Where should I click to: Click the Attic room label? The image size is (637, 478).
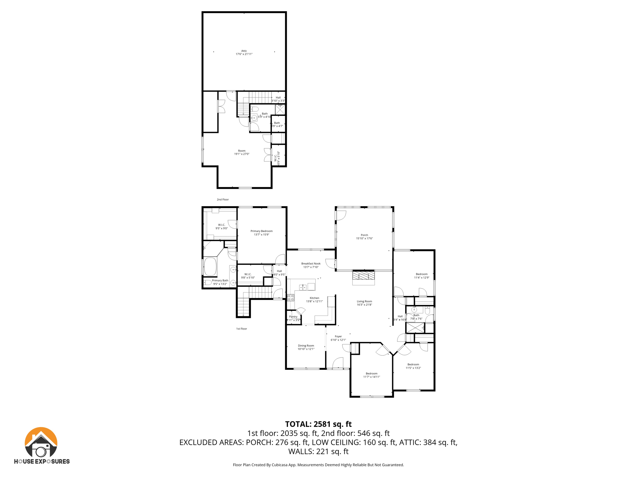point(244,52)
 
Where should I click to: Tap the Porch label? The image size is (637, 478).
point(364,237)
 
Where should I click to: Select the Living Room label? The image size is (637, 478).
point(364,303)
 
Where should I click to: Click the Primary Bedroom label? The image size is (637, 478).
point(261,233)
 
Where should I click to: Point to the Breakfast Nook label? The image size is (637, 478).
point(310,265)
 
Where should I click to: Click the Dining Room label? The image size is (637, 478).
point(306,347)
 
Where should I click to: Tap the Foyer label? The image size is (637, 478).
point(338,338)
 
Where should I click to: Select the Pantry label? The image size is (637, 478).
point(293,318)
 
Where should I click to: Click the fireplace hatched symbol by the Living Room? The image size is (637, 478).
point(363,276)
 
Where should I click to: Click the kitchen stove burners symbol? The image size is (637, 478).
point(291,298)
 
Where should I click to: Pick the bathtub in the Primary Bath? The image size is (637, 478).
point(210,267)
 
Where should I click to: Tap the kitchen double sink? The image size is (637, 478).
point(303,287)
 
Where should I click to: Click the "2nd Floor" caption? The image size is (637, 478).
point(223,199)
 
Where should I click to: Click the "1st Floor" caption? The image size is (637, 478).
point(241,329)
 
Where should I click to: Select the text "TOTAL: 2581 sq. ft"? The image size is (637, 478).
point(318,424)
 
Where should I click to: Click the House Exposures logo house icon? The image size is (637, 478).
point(41,442)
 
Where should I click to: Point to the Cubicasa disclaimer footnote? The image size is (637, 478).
point(318,465)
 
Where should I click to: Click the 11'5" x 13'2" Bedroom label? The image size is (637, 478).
point(413,366)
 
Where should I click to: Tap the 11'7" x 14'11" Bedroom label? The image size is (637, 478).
point(371,375)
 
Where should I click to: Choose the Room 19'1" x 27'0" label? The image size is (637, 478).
point(242,152)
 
